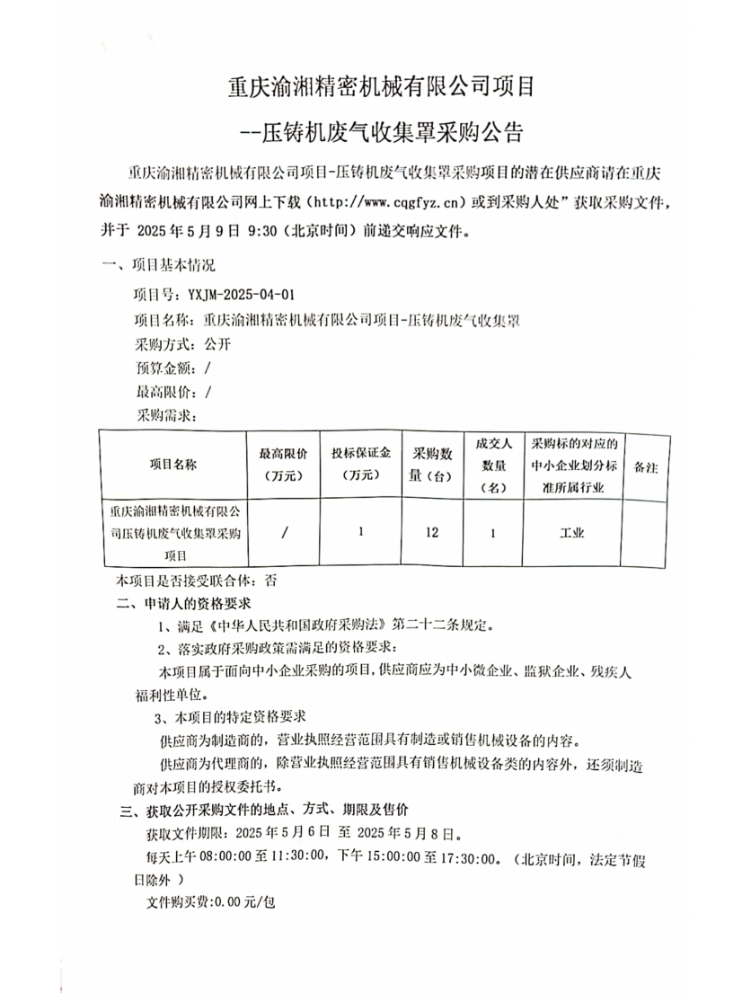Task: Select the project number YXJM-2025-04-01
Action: coord(241,294)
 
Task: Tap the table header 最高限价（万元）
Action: coord(283,465)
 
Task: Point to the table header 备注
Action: coord(646,468)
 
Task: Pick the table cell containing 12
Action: coord(432,533)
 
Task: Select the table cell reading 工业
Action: coord(572,533)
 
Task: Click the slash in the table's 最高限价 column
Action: coord(284,533)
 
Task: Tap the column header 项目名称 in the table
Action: coord(172,465)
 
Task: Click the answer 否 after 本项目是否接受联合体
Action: coord(284,581)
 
